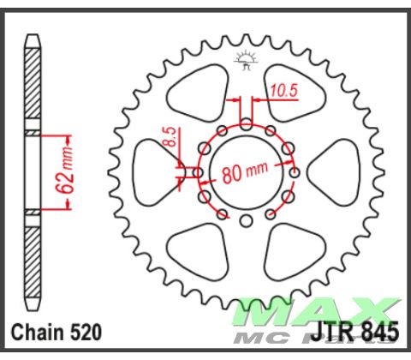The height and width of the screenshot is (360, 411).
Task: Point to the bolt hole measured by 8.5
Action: [x=198, y=172]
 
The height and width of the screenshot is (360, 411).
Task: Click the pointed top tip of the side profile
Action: [x=32, y=38]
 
